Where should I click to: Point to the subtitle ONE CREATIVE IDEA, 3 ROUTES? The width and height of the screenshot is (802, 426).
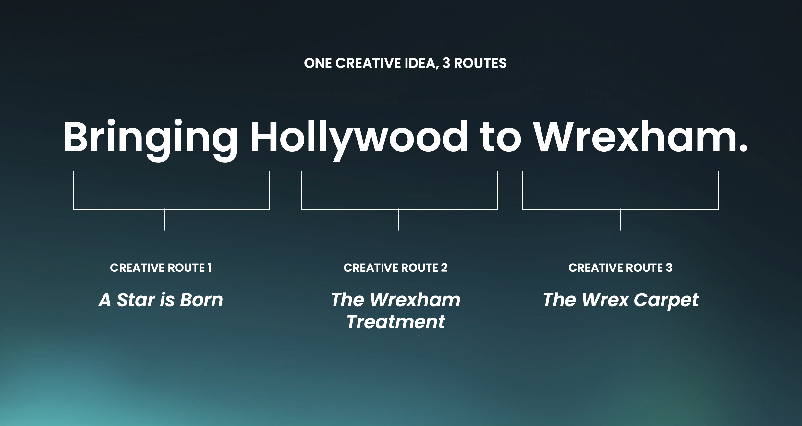(x=405, y=63)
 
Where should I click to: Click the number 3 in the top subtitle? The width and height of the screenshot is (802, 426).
(x=446, y=63)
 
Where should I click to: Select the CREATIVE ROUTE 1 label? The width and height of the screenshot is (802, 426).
(x=161, y=268)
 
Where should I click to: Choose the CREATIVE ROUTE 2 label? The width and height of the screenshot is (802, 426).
(x=395, y=268)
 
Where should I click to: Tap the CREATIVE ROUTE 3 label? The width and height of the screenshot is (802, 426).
(x=620, y=268)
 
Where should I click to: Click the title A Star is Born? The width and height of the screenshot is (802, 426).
(x=161, y=300)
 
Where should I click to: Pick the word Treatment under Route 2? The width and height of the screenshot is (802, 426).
(x=396, y=322)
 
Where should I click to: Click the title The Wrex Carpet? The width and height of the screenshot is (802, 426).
(x=620, y=300)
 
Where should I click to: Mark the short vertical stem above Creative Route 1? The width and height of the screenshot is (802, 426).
(x=164, y=220)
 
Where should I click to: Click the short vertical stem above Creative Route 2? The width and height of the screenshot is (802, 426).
(x=399, y=220)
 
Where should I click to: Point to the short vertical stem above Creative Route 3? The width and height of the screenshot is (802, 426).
(x=621, y=220)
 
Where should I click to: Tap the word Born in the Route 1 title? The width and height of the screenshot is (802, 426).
(x=201, y=300)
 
